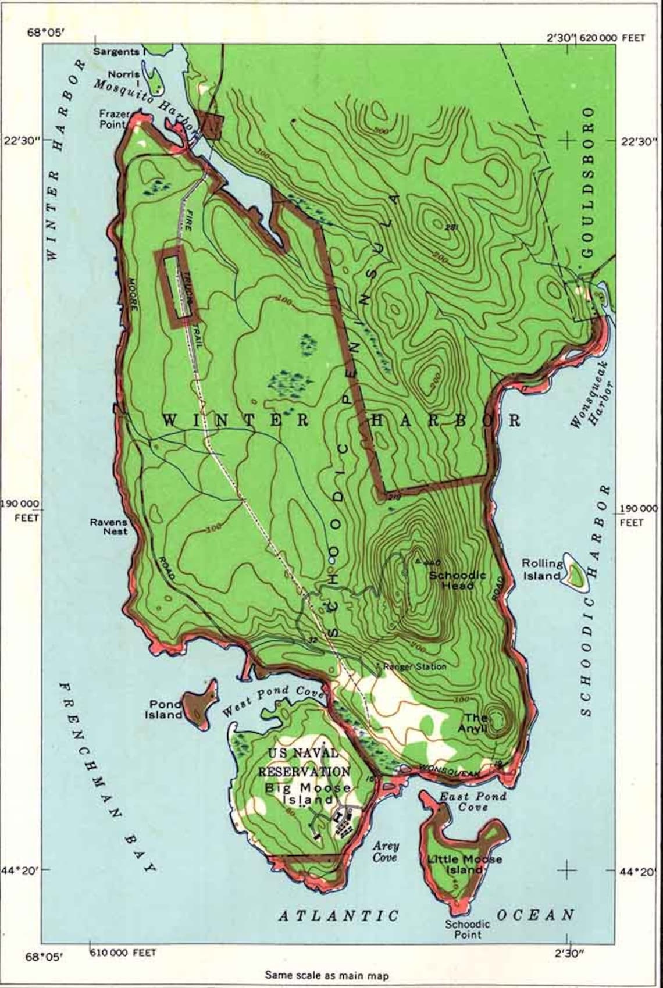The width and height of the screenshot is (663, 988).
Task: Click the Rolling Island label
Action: (x=542, y=569)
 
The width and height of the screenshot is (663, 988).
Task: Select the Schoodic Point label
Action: (x=468, y=929)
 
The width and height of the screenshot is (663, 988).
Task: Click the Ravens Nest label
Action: (x=108, y=526)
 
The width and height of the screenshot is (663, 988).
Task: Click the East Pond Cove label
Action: (x=472, y=801)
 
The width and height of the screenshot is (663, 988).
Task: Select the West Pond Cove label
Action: (x=273, y=701)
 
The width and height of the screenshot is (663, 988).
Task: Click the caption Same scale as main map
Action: (x=326, y=975)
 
